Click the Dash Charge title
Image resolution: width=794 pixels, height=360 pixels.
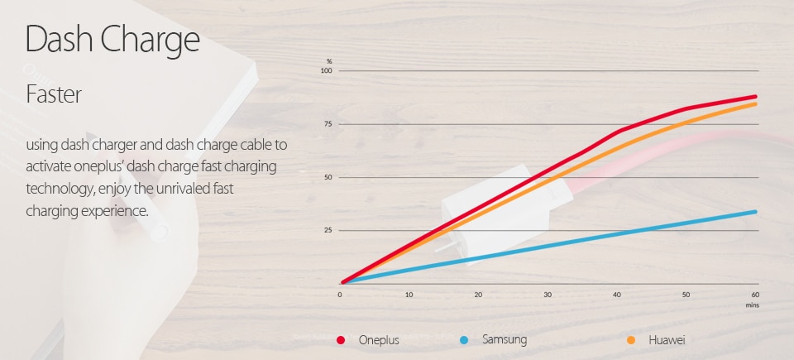pos(112,40)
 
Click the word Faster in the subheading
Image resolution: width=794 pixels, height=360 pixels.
pos(54,94)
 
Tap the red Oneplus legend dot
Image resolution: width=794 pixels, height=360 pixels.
pos(341,340)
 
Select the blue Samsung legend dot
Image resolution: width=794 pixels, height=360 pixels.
pos(464,340)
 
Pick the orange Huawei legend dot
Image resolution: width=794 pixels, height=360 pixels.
pos(631,340)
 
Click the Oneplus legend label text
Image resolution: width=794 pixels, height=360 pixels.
pos(378,340)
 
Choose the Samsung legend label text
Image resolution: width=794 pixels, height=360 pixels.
pos(505,340)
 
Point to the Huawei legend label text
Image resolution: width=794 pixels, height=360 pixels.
pos(667,340)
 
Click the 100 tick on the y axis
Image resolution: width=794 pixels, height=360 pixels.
pos(327,71)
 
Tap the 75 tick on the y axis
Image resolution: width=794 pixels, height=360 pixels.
pos(328,124)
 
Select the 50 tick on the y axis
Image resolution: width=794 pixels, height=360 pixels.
pos(328,177)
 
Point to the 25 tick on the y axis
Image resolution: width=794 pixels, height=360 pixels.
pos(328,230)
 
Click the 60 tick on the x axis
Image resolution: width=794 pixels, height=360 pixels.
pos(755,295)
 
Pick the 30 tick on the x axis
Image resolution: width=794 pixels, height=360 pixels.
pos(548,295)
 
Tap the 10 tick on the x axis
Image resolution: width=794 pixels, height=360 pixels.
pos(409,295)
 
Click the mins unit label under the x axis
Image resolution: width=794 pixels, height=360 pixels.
pos(753,305)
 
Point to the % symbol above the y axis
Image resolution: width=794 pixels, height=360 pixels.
pos(328,62)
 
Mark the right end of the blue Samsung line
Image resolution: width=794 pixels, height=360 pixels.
pos(756,211)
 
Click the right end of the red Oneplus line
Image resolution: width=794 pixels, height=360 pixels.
pos(756,96)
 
